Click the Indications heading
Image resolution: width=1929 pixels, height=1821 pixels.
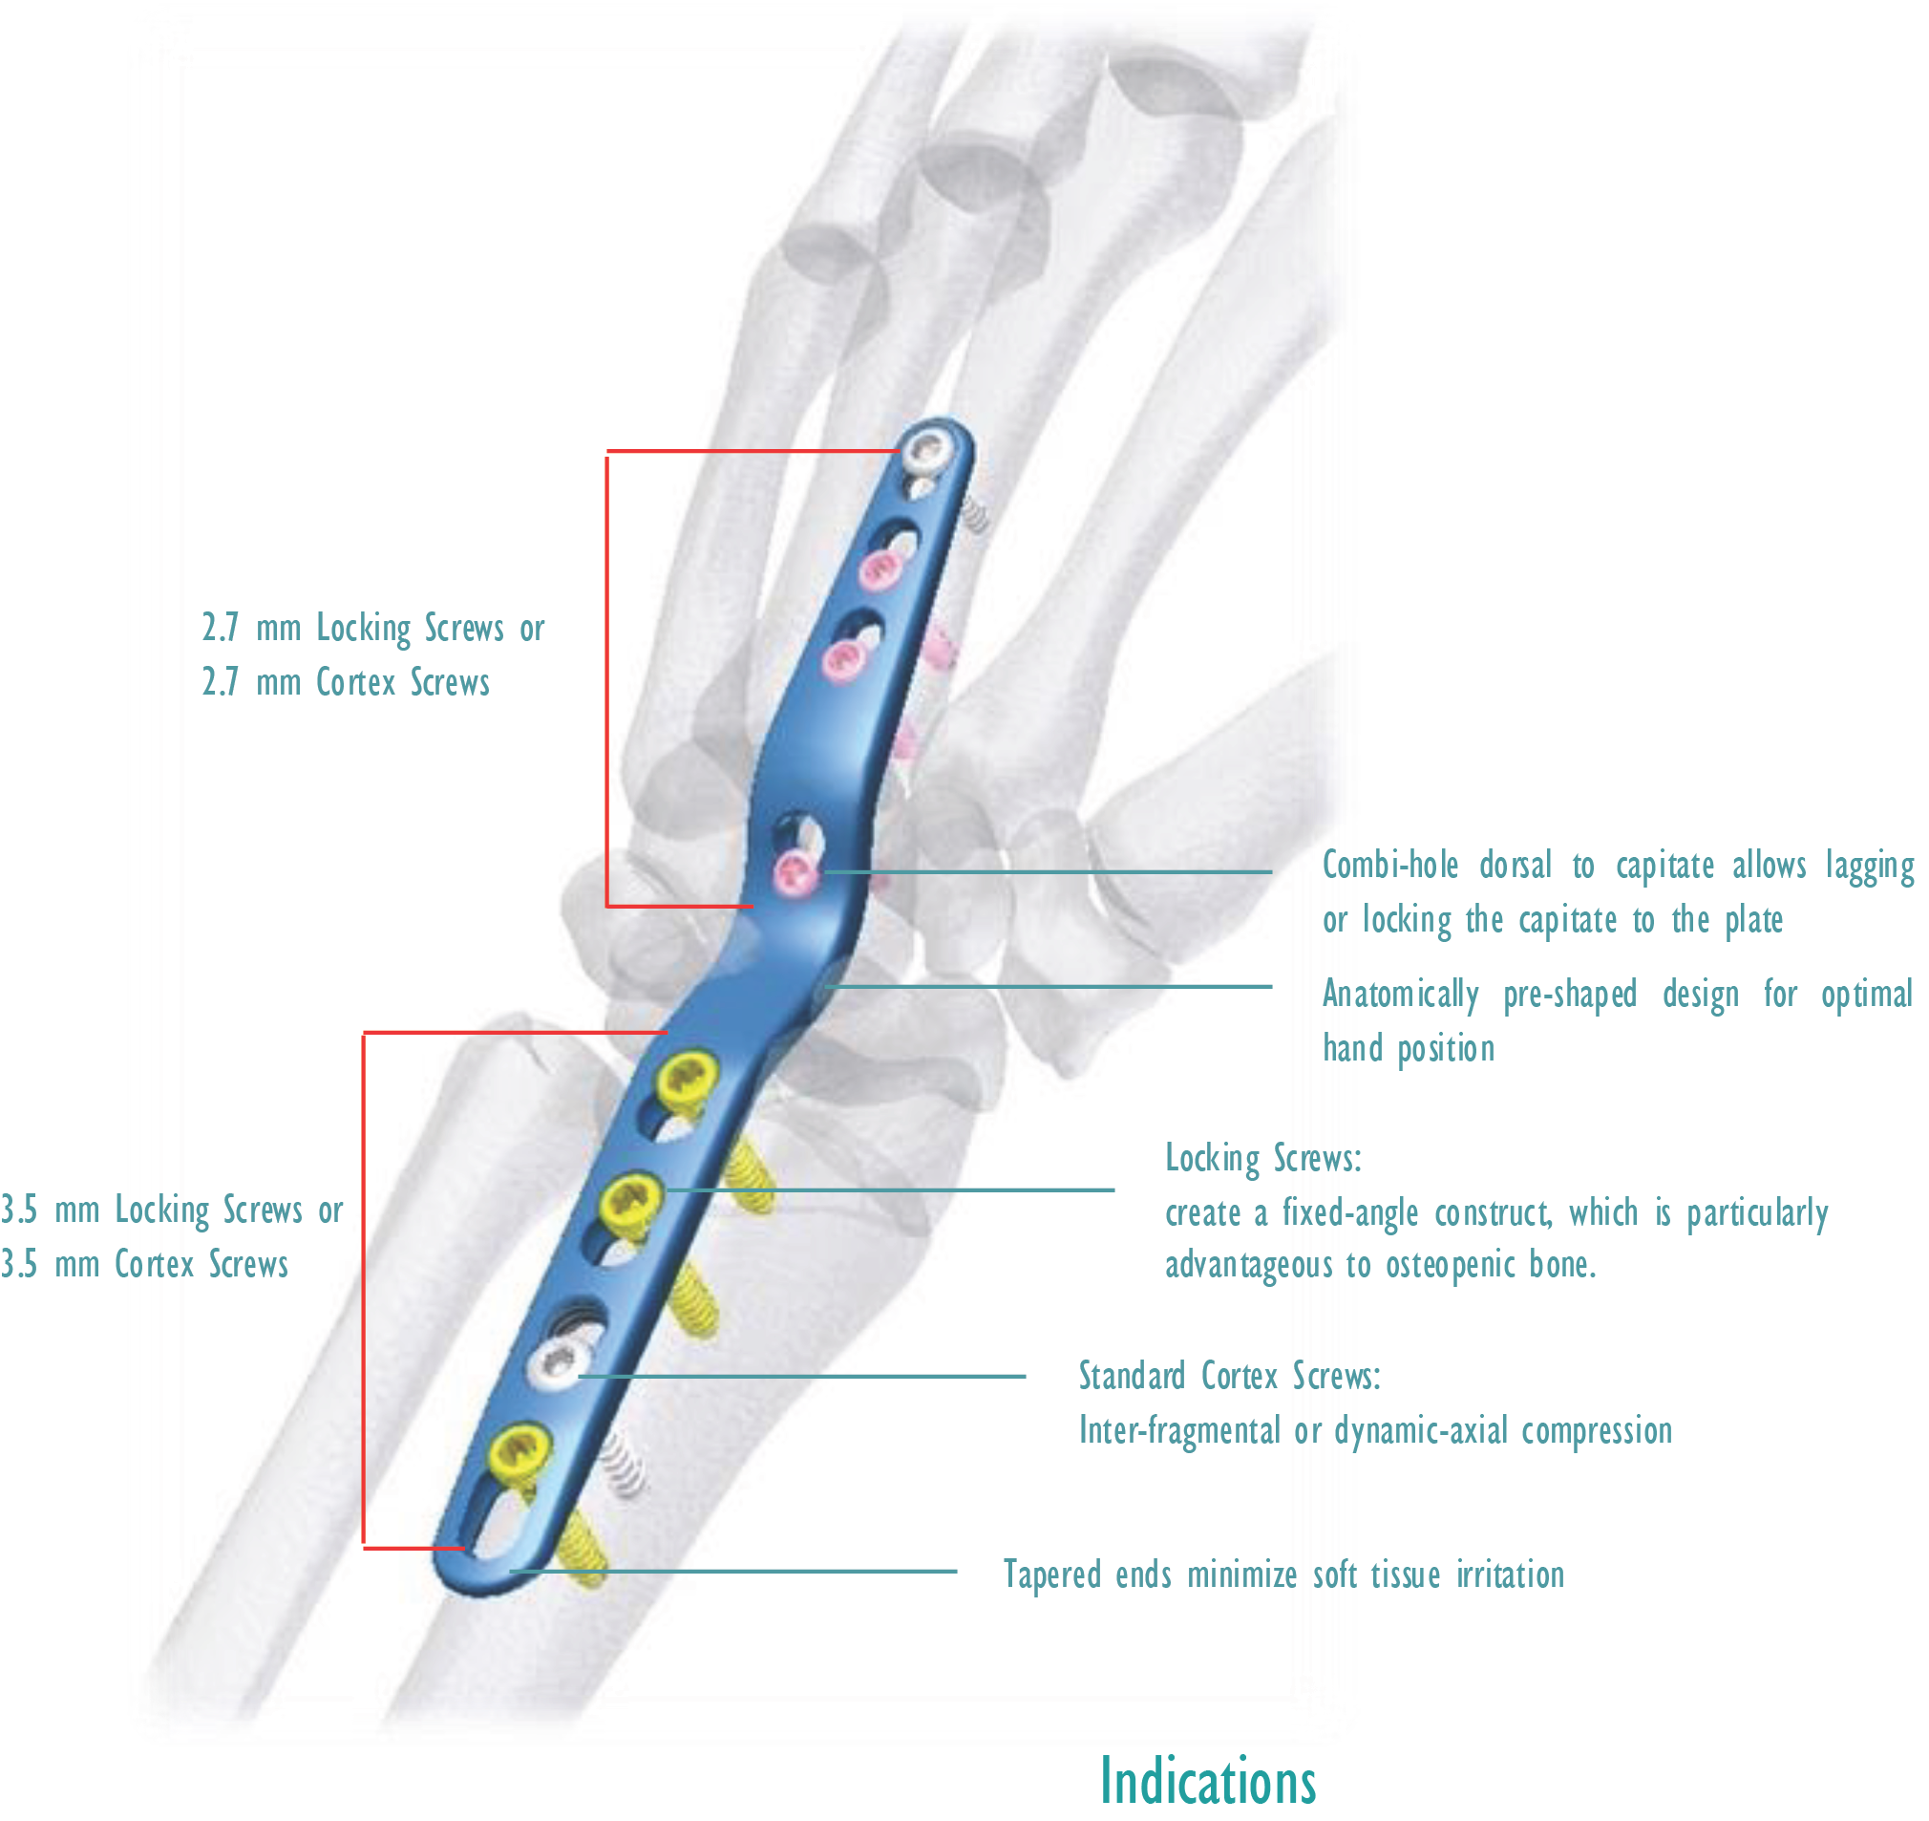[1207, 1781]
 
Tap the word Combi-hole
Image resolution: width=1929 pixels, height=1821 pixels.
[1389, 865]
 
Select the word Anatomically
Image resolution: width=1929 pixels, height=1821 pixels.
[1400, 994]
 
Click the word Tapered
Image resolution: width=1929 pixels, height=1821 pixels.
[1051, 1575]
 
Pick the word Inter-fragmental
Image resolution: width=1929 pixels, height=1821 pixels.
[1179, 1431]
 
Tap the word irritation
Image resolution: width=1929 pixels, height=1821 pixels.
[1510, 1575]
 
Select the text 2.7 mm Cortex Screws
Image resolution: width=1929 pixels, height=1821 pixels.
[346, 682]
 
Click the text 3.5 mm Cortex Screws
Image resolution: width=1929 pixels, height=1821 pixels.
[144, 1265]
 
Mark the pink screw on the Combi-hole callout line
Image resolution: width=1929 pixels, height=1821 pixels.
[795, 871]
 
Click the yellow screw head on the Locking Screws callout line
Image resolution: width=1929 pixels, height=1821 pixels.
[630, 1202]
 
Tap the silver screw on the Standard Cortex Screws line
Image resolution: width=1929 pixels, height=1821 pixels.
[557, 1363]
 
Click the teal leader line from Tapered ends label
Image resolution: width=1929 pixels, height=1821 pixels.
[733, 1572]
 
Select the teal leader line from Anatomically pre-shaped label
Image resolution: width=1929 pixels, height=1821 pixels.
[1048, 987]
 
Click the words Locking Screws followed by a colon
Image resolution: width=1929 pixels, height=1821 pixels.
[1263, 1159]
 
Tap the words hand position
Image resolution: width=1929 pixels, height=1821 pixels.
[1408, 1049]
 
